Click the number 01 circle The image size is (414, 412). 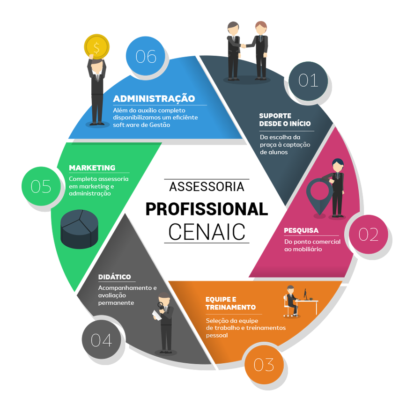point(308,81)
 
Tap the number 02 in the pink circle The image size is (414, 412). point(368,235)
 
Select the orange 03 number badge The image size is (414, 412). point(264,365)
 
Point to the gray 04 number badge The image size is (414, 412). point(101,340)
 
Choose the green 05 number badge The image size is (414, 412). point(41,186)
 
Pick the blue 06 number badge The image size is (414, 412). point(146,57)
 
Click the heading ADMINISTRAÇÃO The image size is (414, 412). point(154,99)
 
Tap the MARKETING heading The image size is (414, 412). point(92,168)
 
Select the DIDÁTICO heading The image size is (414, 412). point(114,277)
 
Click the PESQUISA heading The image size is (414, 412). point(301,230)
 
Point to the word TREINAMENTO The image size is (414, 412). point(230,308)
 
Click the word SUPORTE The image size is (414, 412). point(275,116)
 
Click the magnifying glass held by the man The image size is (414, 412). point(160,306)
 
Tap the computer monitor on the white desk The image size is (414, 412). point(306,294)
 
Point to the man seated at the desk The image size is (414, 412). point(290,300)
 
